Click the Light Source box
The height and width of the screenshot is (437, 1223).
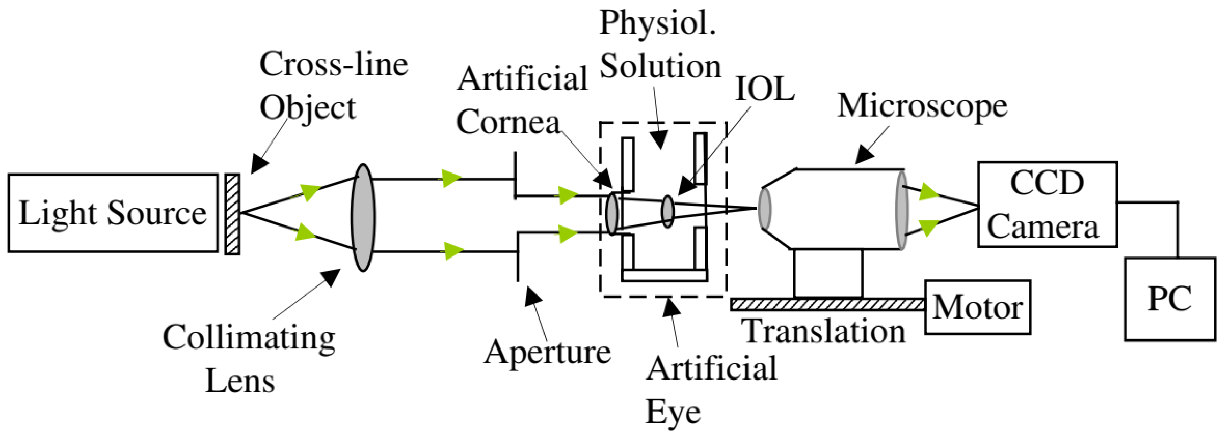pos(113,213)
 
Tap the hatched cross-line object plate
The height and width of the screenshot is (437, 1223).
pos(232,214)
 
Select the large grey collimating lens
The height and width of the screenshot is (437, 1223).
pos(363,217)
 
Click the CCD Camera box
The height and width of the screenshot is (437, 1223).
pos(1047,205)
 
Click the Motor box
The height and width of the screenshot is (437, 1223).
pos(977,307)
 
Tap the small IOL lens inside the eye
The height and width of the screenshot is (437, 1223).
pos(668,212)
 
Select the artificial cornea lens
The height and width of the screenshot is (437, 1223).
pos(612,214)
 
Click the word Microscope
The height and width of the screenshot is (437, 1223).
pos(922,106)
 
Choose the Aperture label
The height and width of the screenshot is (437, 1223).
pos(547,353)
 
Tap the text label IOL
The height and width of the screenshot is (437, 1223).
pos(765,89)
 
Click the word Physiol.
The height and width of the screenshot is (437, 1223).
pos(658,23)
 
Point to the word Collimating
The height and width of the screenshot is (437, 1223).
pos(249,338)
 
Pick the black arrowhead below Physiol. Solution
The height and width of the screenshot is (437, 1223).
pos(659,140)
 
